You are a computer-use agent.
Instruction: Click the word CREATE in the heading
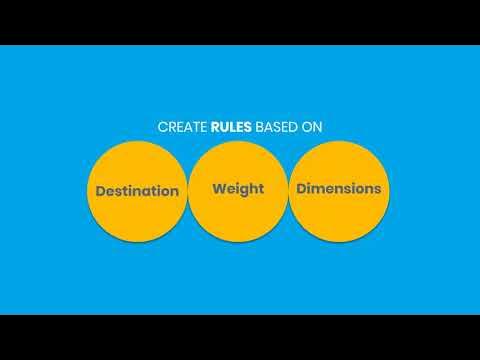pos(182,127)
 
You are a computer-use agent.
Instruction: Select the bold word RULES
pos(232,127)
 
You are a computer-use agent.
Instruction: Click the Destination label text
pos(137,190)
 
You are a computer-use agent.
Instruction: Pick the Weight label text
pos(238,188)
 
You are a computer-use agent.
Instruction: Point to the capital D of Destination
pos(100,190)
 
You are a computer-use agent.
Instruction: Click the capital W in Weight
pos(219,187)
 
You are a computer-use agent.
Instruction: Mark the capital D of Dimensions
pos(298,187)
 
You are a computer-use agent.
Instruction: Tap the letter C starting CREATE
pos(162,127)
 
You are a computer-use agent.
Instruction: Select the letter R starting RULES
pos(215,127)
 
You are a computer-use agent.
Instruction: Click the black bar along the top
pos(240,22)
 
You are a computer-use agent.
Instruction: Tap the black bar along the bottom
pos(240,337)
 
